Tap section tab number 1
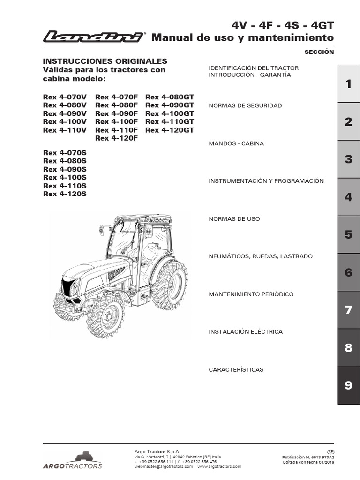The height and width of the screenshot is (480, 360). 348,84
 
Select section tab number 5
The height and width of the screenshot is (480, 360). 348,234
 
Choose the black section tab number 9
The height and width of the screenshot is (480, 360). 348,385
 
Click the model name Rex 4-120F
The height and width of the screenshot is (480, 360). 117,138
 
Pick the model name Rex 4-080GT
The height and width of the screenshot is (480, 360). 170,97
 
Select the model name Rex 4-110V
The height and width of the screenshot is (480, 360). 65,130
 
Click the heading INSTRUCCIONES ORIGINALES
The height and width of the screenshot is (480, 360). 105,61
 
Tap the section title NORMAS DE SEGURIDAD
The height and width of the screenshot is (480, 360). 245,106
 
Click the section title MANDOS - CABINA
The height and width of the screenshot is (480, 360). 236,143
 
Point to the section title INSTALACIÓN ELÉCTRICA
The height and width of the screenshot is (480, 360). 246,332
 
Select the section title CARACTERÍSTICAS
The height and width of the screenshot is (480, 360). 236,370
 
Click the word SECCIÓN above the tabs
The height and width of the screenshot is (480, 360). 319,52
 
